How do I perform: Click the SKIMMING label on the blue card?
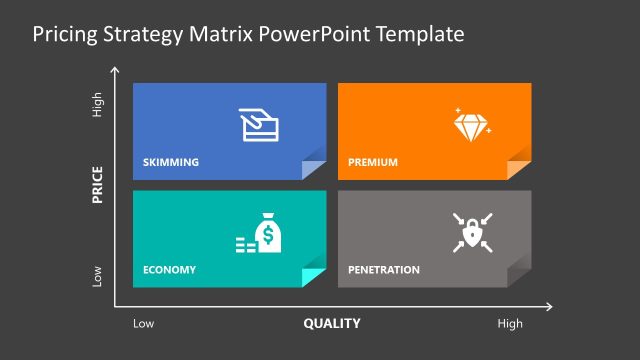pos(171,162)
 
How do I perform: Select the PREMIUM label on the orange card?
pos(373,162)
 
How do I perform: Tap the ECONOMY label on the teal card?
pos(169,270)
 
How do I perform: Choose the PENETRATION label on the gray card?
pos(384,270)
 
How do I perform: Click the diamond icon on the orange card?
pos(472,124)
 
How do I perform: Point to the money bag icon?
pos(267,233)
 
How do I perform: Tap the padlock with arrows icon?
pos(471,232)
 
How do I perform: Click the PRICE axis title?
pos(98,185)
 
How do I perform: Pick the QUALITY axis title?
pos(332,324)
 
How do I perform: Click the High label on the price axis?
pos(98,106)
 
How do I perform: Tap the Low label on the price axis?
pos(98,276)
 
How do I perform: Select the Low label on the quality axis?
pos(144,324)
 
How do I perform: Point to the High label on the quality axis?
pos(510,324)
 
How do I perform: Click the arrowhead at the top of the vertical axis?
pos(117,71)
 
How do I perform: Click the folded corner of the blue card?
pos(313,169)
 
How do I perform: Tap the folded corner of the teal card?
pos(313,277)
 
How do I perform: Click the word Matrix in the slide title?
pos(217,34)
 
